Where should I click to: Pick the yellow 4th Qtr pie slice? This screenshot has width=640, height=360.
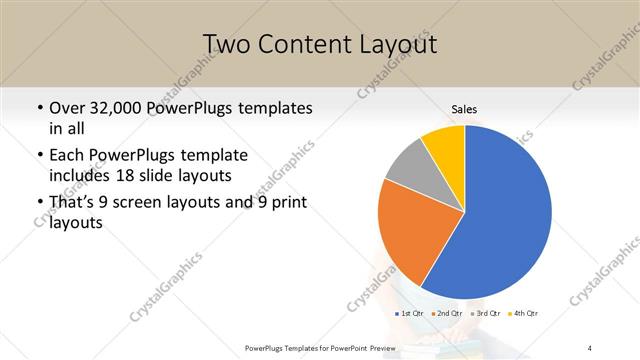pyautogui.click(x=444, y=146)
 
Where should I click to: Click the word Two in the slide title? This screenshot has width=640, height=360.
pyautogui.click(x=225, y=44)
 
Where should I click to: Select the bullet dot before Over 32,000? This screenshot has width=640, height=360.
pyautogui.click(x=39, y=108)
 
